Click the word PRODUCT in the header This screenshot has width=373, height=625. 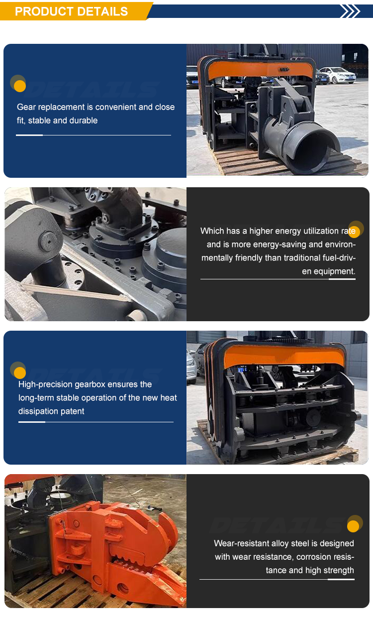click(44, 11)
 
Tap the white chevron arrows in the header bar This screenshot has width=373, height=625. click(350, 11)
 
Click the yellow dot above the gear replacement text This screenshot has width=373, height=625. click(20, 86)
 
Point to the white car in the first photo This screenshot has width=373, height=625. click(338, 75)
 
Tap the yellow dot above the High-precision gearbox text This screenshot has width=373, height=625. click(20, 373)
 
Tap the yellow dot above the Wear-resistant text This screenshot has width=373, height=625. click(353, 526)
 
